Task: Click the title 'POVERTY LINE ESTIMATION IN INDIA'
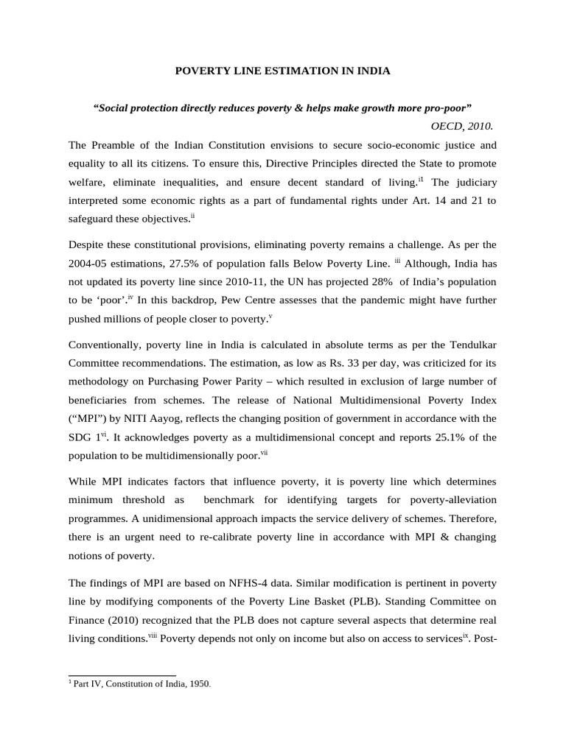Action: pyautogui.click(x=282, y=71)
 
